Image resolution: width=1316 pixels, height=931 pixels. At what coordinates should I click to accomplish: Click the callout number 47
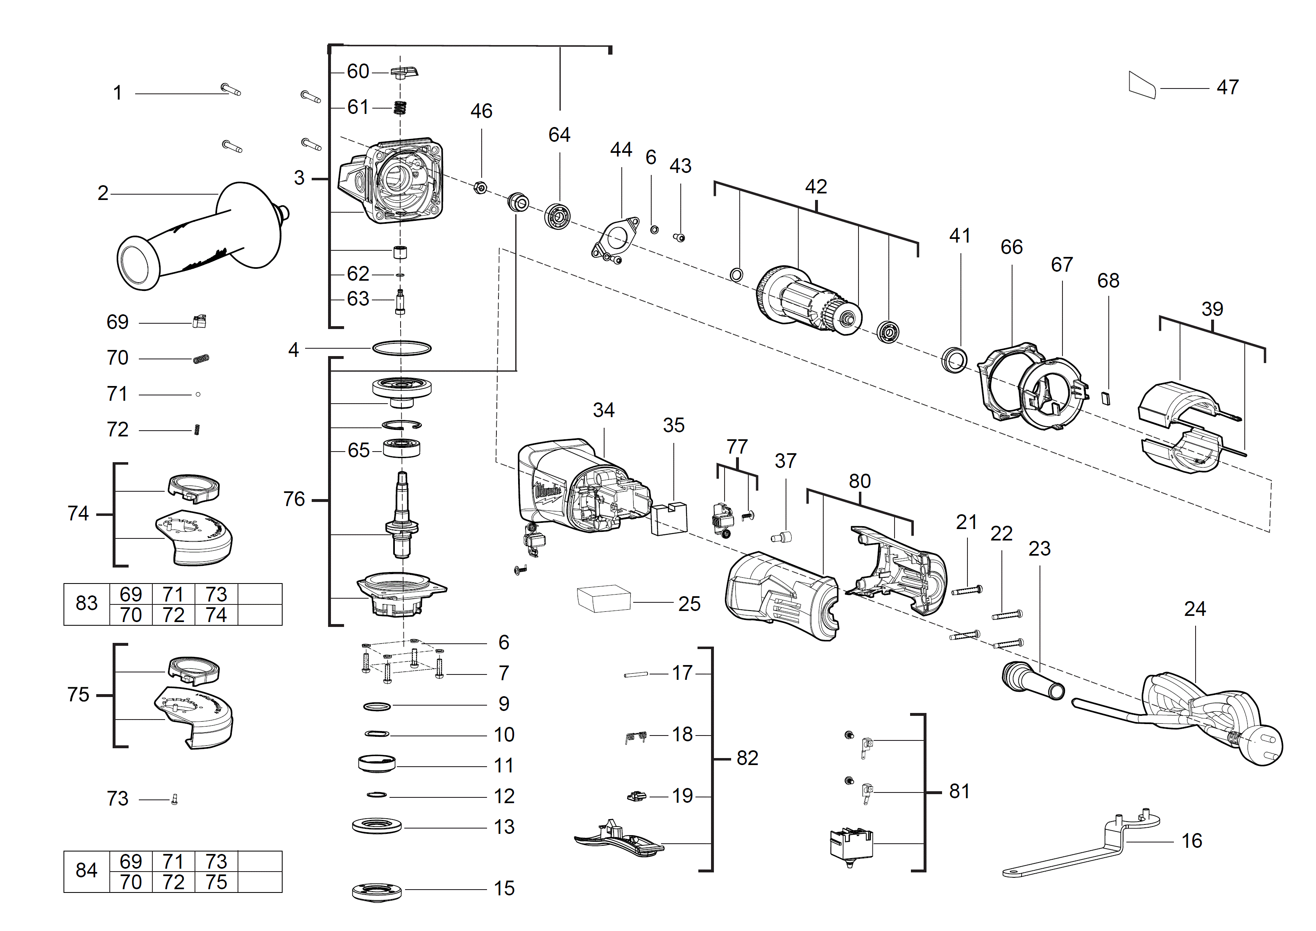[x=1227, y=87]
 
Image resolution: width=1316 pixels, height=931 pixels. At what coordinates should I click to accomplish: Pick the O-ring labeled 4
[x=401, y=348]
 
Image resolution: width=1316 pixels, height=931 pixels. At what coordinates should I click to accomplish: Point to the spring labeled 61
[x=400, y=107]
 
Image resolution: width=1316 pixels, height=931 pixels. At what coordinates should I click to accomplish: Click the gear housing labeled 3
[x=396, y=181]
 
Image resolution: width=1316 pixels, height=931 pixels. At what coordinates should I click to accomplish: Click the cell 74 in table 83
[x=216, y=615]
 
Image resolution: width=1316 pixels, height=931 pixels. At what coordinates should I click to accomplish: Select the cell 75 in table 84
[x=216, y=882]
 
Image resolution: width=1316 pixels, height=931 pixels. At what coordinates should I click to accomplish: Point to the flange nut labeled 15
[x=376, y=891]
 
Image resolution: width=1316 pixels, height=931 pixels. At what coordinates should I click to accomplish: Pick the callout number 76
[x=294, y=500]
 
